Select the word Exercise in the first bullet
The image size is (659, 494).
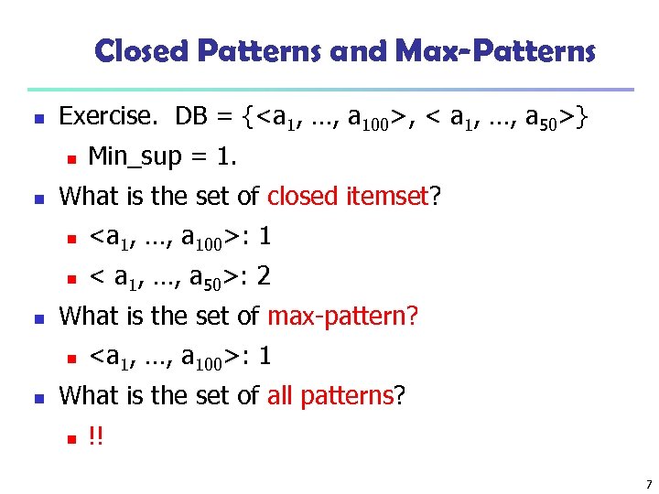tap(104, 116)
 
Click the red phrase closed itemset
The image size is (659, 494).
tap(348, 196)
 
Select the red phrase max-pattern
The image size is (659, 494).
tap(342, 316)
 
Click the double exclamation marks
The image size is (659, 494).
tap(96, 435)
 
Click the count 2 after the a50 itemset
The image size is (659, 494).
tap(264, 276)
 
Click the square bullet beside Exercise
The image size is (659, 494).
tap(34, 117)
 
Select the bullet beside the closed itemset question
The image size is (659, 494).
tap(34, 197)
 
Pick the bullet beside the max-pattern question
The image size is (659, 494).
tap(34, 317)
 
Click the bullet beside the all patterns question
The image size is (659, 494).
tap(34, 396)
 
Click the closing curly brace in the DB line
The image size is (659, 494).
tap(582, 116)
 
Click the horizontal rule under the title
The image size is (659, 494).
tap(329, 90)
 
